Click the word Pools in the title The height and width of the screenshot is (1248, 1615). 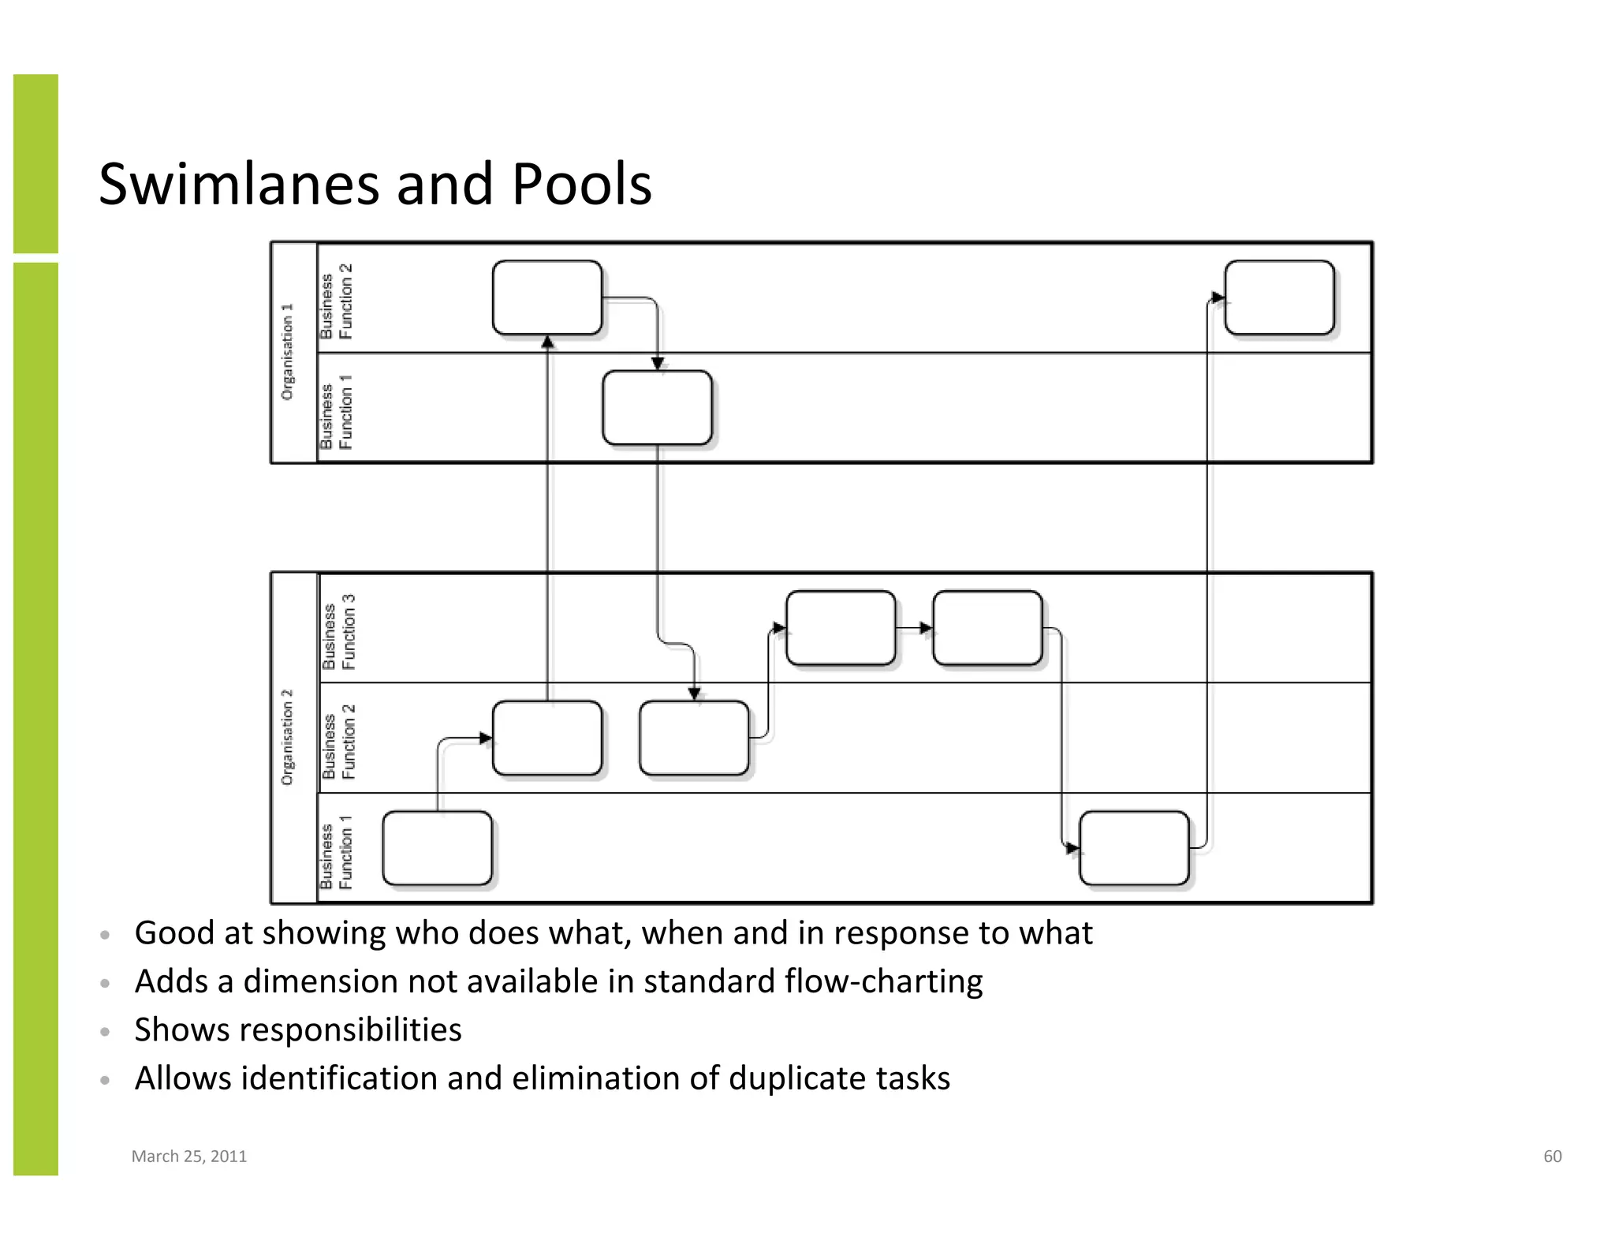(581, 184)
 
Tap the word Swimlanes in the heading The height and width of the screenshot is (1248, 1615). (241, 184)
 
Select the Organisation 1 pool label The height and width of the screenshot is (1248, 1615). (288, 352)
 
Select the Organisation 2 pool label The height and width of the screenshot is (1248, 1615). (288, 738)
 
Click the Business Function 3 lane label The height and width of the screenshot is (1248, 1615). (339, 632)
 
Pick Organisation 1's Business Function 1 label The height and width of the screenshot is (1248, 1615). (337, 412)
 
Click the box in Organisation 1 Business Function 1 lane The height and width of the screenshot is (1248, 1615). (657, 408)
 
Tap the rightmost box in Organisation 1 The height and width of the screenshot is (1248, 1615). (1279, 298)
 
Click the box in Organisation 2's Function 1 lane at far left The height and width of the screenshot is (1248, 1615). (437, 848)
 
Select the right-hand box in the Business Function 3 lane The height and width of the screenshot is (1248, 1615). (987, 628)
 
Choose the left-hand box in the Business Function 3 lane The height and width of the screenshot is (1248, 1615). (841, 628)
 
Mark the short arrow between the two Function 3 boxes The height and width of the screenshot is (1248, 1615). (915, 628)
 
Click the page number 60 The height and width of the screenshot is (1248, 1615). (1552, 1156)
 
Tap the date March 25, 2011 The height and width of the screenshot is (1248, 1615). (189, 1156)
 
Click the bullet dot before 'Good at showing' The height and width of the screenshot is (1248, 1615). (105, 936)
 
